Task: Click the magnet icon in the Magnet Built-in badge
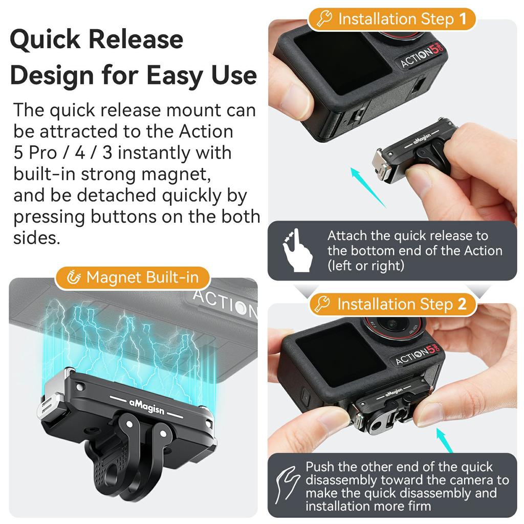coord(74,278)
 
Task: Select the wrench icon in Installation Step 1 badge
coord(324,19)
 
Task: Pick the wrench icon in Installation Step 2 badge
coord(323,304)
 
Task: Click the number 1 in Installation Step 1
coord(463,19)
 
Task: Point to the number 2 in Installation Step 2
coord(462,304)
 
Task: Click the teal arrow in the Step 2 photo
coord(444,440)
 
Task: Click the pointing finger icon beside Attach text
coord(296,250)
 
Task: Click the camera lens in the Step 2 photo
coord(393,324)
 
